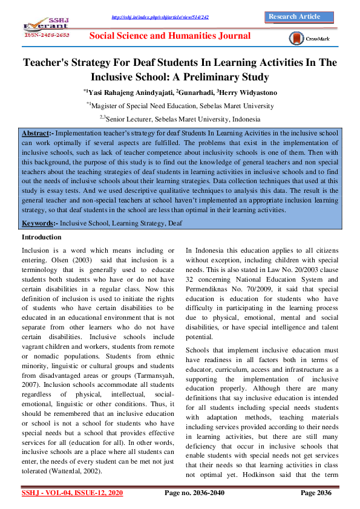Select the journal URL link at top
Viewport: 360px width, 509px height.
[160, 17]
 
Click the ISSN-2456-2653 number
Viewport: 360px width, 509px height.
[47, 36]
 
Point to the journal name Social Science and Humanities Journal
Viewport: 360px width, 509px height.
[169, 36]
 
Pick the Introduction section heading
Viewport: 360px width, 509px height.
[41, 237]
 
